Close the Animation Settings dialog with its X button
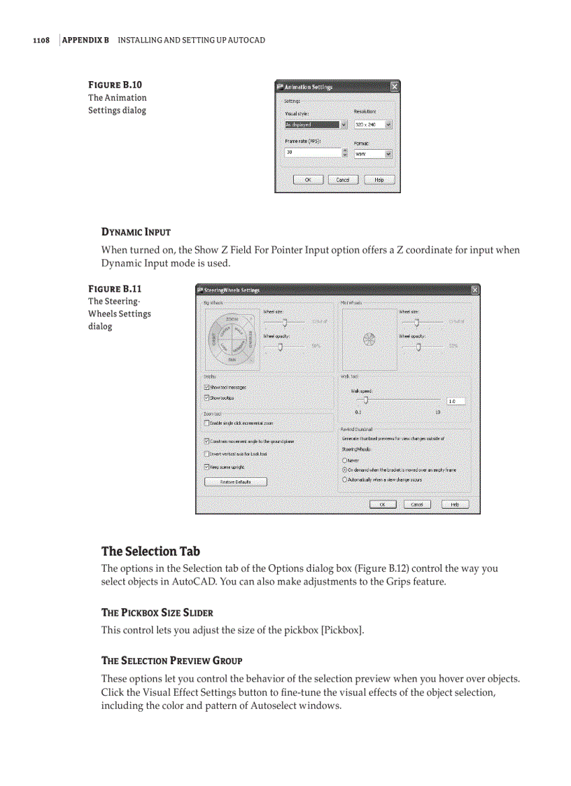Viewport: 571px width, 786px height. (x=394, y=87)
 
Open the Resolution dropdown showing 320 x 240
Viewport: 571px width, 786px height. (x=373, y=125)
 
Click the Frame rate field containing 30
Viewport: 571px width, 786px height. (x=311, y=152)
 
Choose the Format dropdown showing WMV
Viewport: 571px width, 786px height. (x=373, y=154)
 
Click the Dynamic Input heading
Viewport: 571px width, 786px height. (x=136, y=232)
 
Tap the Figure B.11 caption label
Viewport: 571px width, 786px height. (x=115, y=288)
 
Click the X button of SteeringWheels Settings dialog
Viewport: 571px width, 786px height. (x=475, y=290)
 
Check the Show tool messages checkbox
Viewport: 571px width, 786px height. (x=206, y=387)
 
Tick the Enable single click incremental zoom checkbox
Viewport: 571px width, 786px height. (x=206, y=423)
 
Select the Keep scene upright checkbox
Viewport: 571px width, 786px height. (x=206, y=466)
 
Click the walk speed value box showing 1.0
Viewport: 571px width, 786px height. (x=455, y=401)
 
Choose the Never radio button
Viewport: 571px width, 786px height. (x=344, y=460)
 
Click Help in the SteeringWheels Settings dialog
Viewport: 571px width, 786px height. (x=455, y=504)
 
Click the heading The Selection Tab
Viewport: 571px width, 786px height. (x=150, y=551)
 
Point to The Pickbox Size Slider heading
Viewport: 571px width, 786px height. (x=157, y=612)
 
